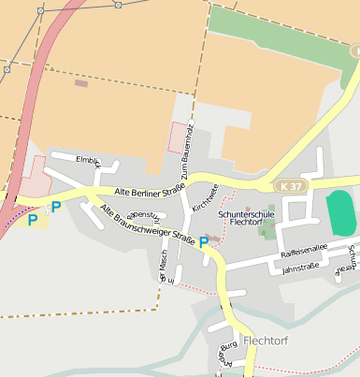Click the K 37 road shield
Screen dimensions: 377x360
pos(291,187)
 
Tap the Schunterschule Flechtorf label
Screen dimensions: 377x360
pos(244,218)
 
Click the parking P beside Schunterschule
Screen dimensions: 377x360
pos(204,242)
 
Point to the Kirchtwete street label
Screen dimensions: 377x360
pos(204,197)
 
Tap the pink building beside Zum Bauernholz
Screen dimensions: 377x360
pos(178,138)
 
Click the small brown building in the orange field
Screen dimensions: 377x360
pos(81,83)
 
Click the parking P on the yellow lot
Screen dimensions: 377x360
pos(33,220)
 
